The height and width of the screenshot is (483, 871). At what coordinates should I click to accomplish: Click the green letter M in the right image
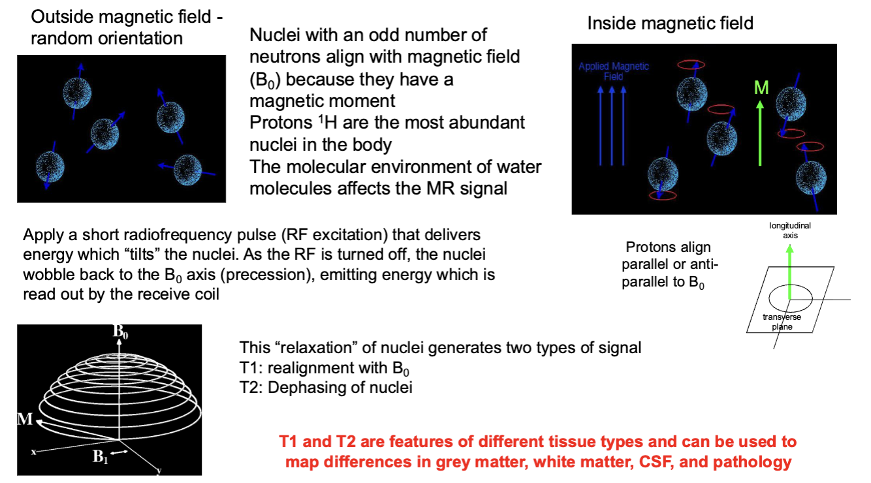point(761,87)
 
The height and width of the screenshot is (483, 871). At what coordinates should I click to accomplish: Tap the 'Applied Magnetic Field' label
point(614,71)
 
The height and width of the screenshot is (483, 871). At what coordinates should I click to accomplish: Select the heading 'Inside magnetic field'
point(670,23)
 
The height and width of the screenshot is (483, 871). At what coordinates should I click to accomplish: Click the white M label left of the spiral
point(24,418)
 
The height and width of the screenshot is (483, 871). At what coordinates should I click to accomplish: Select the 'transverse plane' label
point(782,322)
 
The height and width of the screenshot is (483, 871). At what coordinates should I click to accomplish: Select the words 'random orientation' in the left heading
point(107,38)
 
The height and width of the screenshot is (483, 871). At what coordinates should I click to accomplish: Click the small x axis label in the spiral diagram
point(33,451)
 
